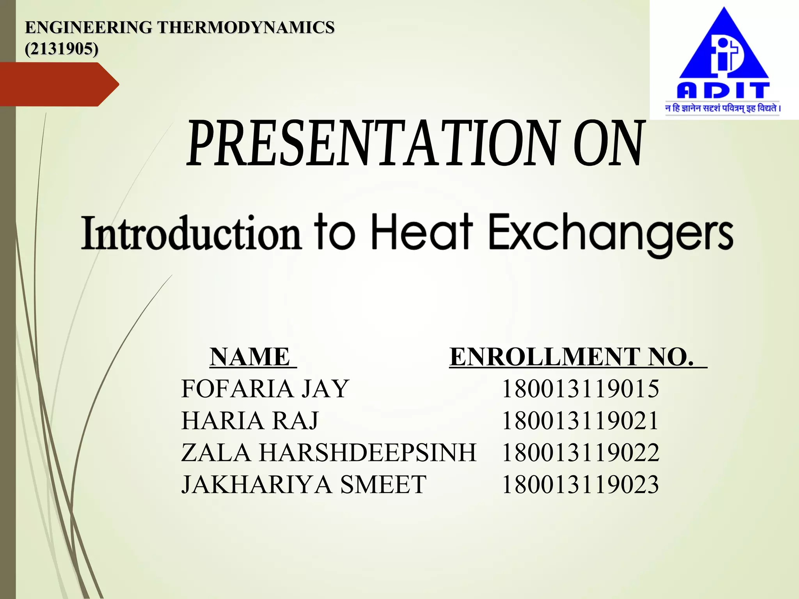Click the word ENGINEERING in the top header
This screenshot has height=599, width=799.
pos(88,28)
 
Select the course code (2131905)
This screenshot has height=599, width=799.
pos(62,49)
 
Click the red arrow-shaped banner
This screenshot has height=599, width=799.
pos(59,84)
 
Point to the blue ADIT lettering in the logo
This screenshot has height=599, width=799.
pos(723,90)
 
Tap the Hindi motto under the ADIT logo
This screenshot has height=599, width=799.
pos(723,108)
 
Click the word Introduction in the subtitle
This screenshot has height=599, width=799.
pos(191,233)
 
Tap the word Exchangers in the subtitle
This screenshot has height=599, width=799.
pos(611,234)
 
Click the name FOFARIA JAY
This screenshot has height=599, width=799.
pos(265,389)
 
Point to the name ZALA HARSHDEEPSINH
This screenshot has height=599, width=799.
pos(328,453)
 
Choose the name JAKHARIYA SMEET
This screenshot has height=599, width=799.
pos(304,485)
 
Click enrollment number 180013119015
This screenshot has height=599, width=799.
pos(581,389)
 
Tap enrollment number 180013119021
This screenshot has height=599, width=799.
pos(581,421)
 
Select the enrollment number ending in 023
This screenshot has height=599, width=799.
pos(581,485)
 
